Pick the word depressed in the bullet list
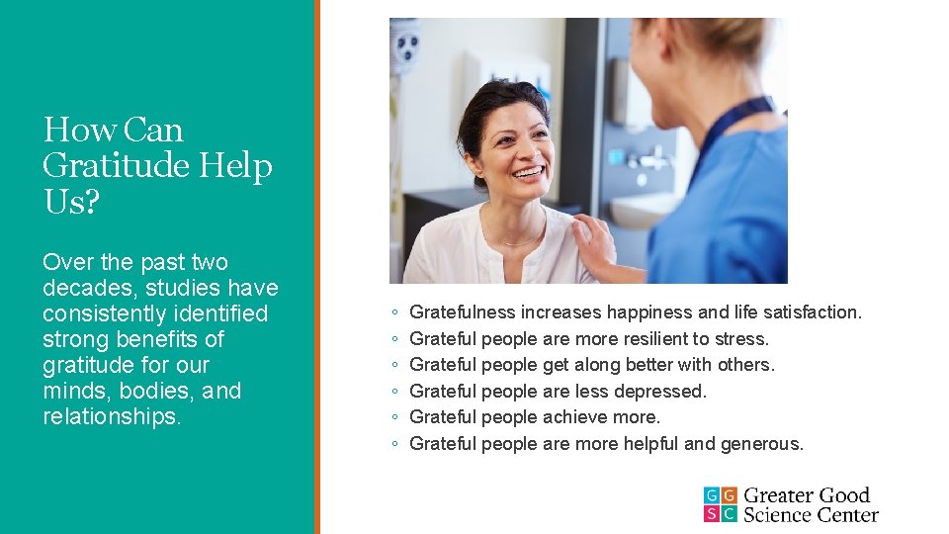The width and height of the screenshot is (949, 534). (659, 392)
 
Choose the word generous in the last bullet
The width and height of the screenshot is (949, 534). (761, 444)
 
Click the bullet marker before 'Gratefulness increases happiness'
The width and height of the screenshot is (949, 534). (394, 313)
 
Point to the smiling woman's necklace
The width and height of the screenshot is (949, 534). (519, 240)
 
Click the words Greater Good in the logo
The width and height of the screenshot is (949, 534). (807, 495)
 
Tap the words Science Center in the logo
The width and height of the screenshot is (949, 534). (811, 514)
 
